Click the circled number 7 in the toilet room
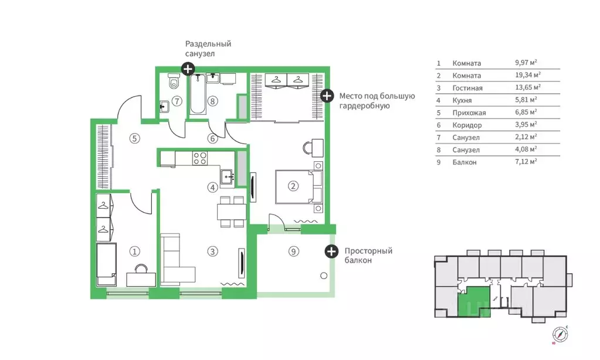click(177, 101)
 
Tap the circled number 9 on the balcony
click(293, 252)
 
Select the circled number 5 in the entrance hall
click(134, 138)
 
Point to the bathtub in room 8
click(198, 94)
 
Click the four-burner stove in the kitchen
click(200, 158)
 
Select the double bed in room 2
click(299, 186)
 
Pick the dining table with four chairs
click(232, 212)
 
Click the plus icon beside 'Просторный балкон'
click(331, 252)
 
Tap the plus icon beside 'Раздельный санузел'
click(188, 69)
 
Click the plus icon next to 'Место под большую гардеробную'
click(327, 96)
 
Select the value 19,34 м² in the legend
click(528, 75)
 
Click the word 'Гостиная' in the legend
click(467, 88)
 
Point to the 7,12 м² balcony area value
click(526, 162)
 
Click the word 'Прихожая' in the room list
click(469, 113)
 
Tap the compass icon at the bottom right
click(560, 334)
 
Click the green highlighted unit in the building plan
click(474, 301)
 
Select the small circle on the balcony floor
click(324, 276)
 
